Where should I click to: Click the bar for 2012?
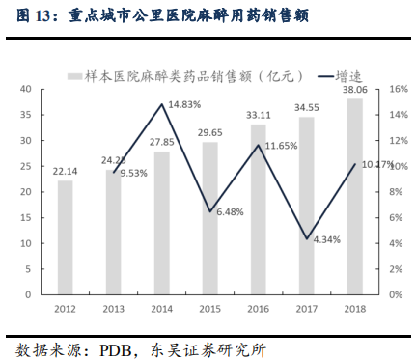pyautogui.click(x=66, y=236)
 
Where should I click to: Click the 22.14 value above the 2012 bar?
pyautogui.click(x=66, y=170)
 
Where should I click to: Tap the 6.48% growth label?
pyautogui.click(x=232, y=211)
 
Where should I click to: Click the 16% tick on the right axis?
pyautogui.click(x=386, y=89)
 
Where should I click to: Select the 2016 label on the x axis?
pyautogui.click(x=259, y=310)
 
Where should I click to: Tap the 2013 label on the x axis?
pyautogui.click(x=114, y=310)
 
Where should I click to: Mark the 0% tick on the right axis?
pyautogui.click(x=383, y=294)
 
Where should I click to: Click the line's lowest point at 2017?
pyautogui.click(x=307, y=238)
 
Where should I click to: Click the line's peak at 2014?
pyautogui.click(x=162, y=104)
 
